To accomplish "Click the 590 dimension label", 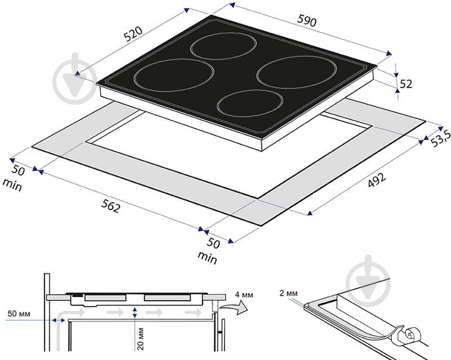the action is point(307,21).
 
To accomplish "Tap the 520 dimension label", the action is point(133,34).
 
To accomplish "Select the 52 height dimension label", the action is point(406,84).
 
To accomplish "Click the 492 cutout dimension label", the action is point(377,180).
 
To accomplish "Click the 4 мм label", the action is point(244,295).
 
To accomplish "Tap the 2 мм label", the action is point(289,293).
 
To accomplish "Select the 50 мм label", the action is point(19,314).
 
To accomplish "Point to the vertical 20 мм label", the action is point(140,339).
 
